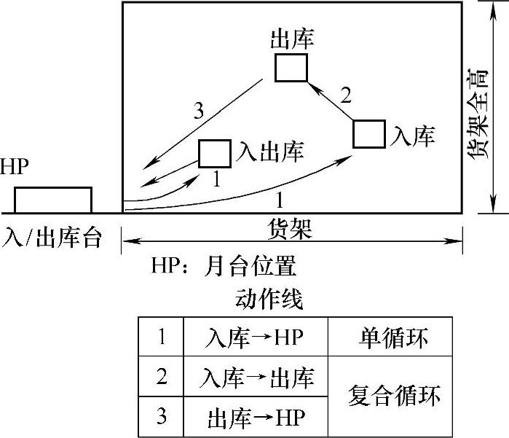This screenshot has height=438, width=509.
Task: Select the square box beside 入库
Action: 369,135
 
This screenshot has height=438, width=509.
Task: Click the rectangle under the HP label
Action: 53,200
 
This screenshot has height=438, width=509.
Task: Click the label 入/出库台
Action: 52,236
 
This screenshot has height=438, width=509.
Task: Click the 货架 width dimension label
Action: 291,230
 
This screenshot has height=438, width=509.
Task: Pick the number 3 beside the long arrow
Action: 199,111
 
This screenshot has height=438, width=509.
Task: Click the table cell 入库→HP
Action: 255,337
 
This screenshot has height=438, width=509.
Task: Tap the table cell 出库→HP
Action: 255,418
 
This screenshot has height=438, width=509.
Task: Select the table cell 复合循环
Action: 394,398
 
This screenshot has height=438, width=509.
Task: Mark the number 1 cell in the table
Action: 162,337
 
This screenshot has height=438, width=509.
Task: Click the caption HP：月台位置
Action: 224,264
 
